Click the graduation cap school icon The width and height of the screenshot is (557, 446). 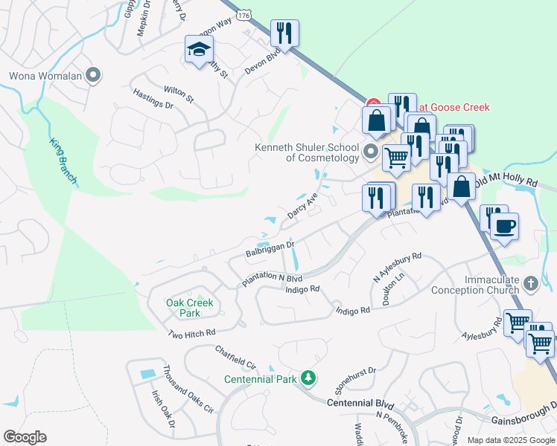coord(199,50)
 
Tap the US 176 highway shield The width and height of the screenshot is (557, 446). coord(244,13)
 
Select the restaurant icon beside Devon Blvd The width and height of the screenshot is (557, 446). coord(284,33)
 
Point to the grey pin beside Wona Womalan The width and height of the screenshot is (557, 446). coord(94,75)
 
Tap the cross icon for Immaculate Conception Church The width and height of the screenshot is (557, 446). coord(530,283)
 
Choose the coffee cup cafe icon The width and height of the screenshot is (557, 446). coord(504,226)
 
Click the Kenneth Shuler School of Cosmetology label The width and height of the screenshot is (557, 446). coord(307,152)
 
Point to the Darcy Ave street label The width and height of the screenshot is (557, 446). coord(302,206)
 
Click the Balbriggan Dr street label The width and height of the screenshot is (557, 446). coord(270,248)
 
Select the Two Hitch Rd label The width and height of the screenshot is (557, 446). coord(191,334)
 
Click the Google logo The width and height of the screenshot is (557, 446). coord(25,437)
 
